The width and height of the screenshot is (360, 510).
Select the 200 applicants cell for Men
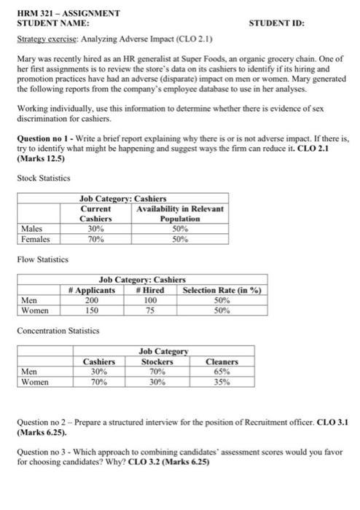pos(92,300)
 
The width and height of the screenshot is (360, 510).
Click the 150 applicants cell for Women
pos(92,310)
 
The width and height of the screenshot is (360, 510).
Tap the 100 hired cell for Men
pos(150,300)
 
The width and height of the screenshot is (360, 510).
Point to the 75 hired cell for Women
pos(150,310)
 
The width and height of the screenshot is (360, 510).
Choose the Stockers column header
pos(157,361)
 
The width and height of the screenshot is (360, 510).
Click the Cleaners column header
pos(223,361)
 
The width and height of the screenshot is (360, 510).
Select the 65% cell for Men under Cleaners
pos(223,371)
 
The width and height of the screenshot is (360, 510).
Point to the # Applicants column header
pos(92,290)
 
